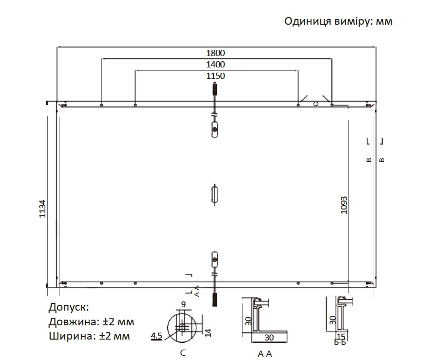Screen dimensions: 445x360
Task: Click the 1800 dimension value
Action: pos(215,53)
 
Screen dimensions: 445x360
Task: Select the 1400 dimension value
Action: pos(215,64)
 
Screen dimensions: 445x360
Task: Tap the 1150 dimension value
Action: pos(215,76)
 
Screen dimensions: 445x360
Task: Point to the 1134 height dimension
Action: pos(42,209)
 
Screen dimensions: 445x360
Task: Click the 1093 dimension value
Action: pos(344,205)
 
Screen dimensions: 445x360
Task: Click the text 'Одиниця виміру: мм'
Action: pos(339,21)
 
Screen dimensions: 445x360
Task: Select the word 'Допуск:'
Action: pos(68,307)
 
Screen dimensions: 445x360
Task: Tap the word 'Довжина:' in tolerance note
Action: pos(73,322)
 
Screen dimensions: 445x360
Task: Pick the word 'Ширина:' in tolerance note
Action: pos(72,336)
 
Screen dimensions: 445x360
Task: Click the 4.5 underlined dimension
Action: pos(156,336)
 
